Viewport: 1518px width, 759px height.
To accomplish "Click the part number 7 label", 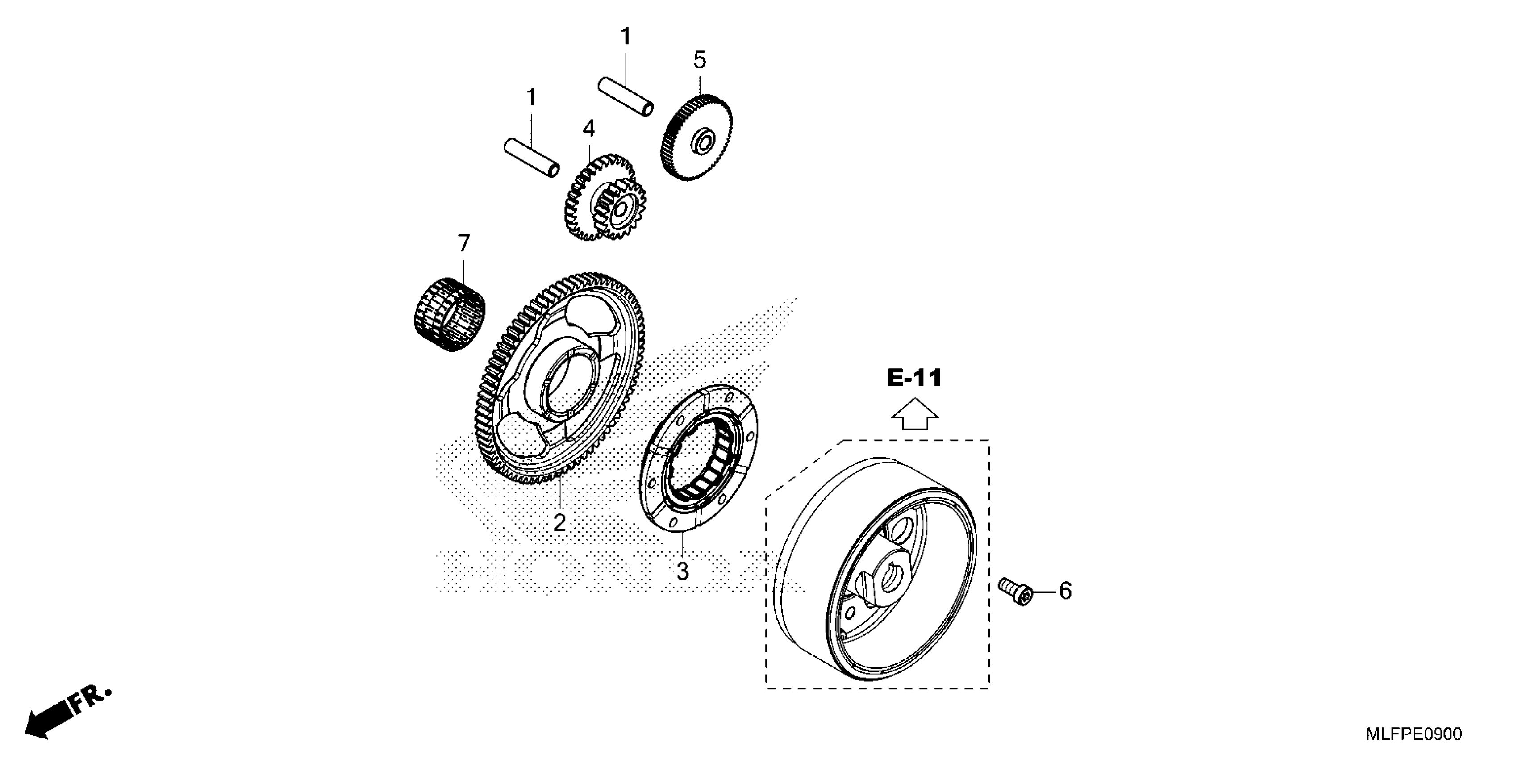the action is [x=464, y=243].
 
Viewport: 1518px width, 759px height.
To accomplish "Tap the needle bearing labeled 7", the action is [x=448, y=316].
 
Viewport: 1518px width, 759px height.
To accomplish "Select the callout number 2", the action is [x=559, y=523].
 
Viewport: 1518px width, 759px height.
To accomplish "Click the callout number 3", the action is [x=682, y=571].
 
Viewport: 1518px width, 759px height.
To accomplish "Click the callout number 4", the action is [x=589, y=129].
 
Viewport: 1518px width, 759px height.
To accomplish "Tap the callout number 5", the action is [x=700, y=60].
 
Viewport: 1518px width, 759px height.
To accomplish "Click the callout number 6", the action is [x=1065, y=591].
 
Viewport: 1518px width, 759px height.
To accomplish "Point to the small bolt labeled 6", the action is [x=1015, y=591].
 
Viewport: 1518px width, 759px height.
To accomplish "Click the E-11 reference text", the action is [x=914, y=378].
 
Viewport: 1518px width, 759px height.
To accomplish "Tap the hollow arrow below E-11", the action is [x=914, y=414].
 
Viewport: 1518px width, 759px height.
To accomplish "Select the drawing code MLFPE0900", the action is [x=1414, y=734].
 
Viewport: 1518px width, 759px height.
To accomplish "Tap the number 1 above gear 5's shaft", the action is [x=626, y=37].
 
